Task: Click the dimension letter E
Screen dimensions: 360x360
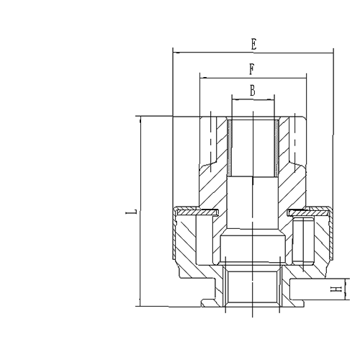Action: [253, 43]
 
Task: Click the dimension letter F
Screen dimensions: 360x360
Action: [251, 69]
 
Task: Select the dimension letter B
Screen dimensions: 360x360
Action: [252, 90]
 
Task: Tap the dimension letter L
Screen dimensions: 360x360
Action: [129, 213]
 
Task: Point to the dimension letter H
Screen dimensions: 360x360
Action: [335, 290]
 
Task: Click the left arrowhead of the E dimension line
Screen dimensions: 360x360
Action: [176, 51]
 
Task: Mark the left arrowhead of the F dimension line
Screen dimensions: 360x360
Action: [204, 76]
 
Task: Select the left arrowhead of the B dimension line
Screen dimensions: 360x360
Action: [234, 98]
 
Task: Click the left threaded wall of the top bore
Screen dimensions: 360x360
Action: [230, 148]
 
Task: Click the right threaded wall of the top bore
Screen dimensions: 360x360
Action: [277, 148]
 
